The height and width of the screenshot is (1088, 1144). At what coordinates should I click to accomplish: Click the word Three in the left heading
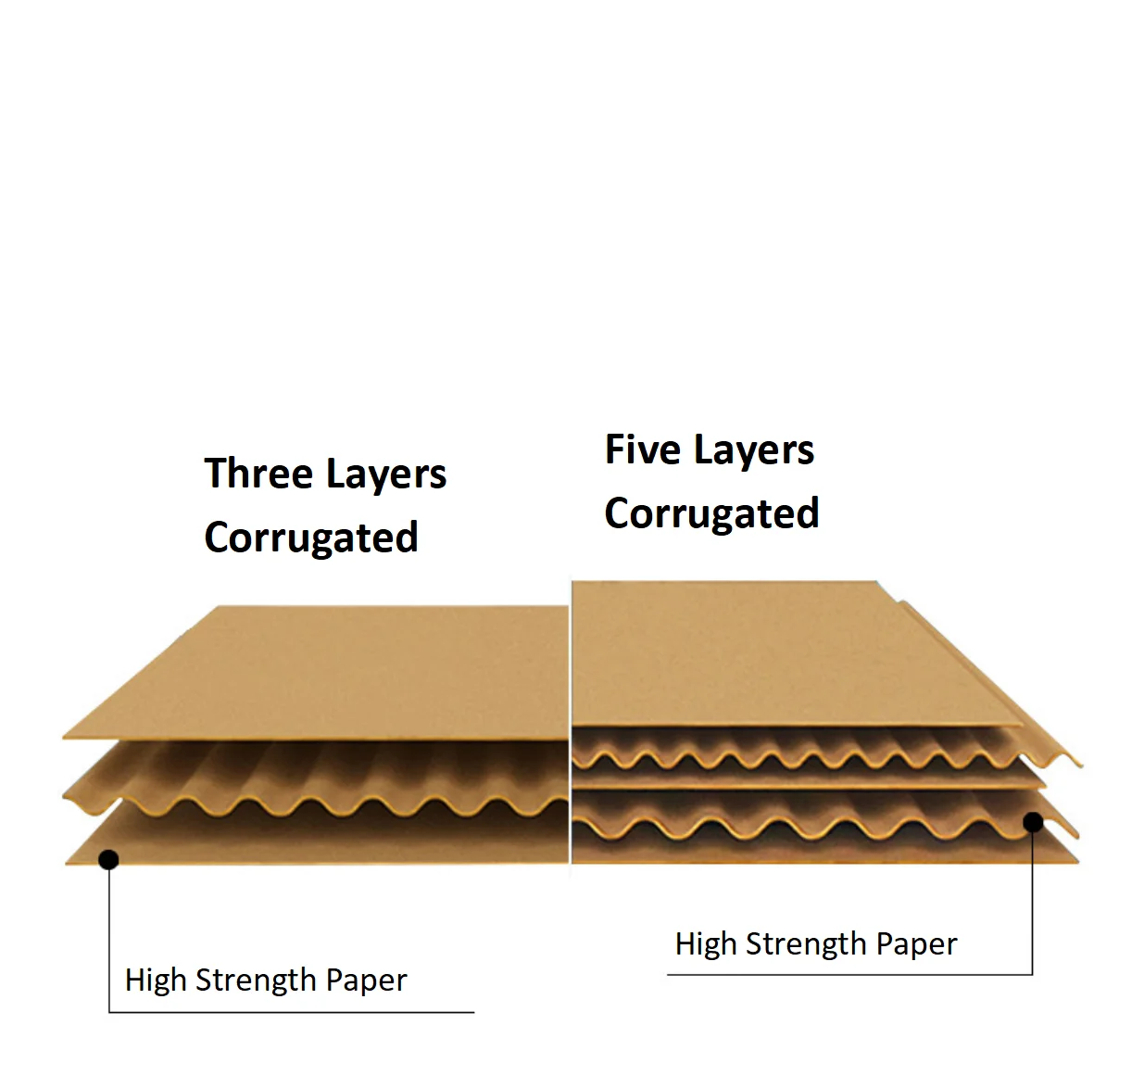258,474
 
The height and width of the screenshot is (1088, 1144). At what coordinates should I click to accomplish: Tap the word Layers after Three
384,475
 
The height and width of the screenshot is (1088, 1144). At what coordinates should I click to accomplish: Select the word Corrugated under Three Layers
311,538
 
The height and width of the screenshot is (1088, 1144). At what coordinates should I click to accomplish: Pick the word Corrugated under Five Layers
711,514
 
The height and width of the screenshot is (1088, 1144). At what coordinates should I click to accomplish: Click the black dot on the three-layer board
108,860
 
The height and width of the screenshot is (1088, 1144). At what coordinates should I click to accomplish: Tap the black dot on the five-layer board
1033,822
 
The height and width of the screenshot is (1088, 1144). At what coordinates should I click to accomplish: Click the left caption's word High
155,980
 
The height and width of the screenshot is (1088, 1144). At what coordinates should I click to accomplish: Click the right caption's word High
705,943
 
